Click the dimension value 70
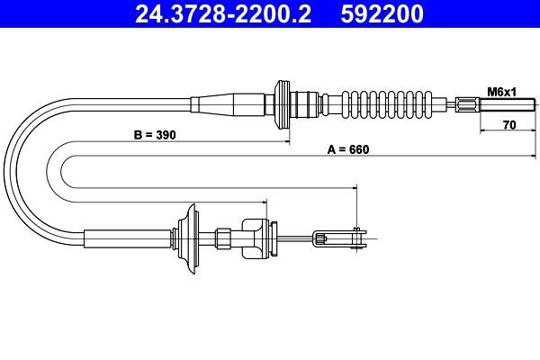(x=508, y=127)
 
